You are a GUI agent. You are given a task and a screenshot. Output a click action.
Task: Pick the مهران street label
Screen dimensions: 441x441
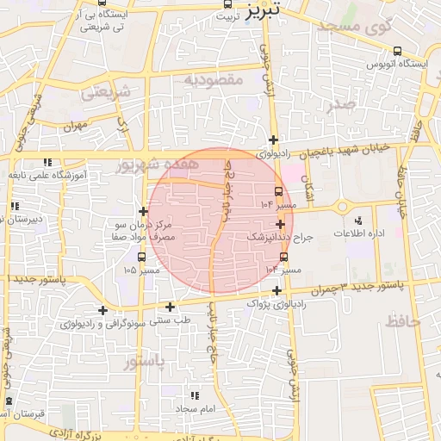point(75,126)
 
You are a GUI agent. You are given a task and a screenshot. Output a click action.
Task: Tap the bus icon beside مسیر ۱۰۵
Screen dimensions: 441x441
point(143,256)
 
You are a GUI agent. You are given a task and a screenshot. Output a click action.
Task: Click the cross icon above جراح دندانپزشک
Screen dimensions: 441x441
point(281,223)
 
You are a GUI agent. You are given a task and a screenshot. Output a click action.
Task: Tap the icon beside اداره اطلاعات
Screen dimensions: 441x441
point(358,220)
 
